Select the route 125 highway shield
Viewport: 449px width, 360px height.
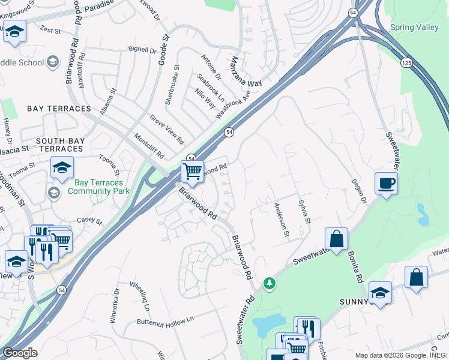coord(406,62)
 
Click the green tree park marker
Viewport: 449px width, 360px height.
coord(270,282)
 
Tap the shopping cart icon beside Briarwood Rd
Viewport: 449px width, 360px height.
coord(192,172)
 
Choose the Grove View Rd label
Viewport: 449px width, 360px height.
coord(166,130)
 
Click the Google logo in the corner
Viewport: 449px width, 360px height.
coord(19,353)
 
